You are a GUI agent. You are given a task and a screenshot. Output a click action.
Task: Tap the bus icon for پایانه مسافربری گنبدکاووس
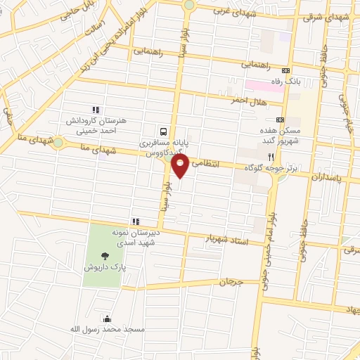click(x=163, y=131)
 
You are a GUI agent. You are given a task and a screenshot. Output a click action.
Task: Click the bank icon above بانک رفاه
click(x=285, y=71)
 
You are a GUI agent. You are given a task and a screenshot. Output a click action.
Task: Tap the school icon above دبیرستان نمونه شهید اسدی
click(x=135, y=221)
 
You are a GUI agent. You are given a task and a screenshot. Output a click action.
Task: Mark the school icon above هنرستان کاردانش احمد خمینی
click(x=96, y=110)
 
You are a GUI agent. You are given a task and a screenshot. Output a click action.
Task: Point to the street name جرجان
click(x=230, y=282)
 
